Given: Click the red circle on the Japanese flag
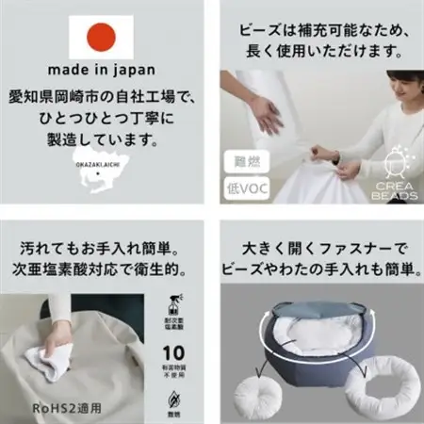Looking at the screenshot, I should (x=101, y=37).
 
